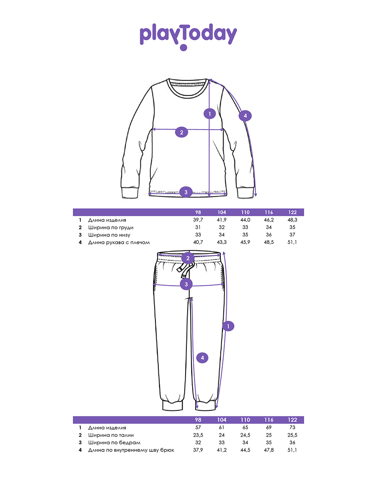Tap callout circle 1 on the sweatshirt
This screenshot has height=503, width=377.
(209, 113)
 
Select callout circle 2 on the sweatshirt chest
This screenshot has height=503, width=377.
(181, 132)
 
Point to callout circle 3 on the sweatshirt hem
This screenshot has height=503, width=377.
(186, 192)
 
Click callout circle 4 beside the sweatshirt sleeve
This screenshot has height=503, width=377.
(245, 116)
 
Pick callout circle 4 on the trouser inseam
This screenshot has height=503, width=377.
(202, 358)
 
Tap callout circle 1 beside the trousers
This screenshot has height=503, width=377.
(228, 326)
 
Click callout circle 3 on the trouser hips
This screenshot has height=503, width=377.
(186, 284)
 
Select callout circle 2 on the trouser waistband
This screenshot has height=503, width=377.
(188, 258)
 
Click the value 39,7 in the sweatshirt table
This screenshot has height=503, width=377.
(198, 220)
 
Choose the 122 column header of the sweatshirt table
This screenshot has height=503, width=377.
(292, 213)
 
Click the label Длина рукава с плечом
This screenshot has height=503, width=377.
(119, 243)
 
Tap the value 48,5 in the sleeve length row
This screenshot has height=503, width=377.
(269, 243)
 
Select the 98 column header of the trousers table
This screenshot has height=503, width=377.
(198, 420)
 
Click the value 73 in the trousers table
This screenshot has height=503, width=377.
(292, 428)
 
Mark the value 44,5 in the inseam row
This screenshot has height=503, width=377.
(245, 450)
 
